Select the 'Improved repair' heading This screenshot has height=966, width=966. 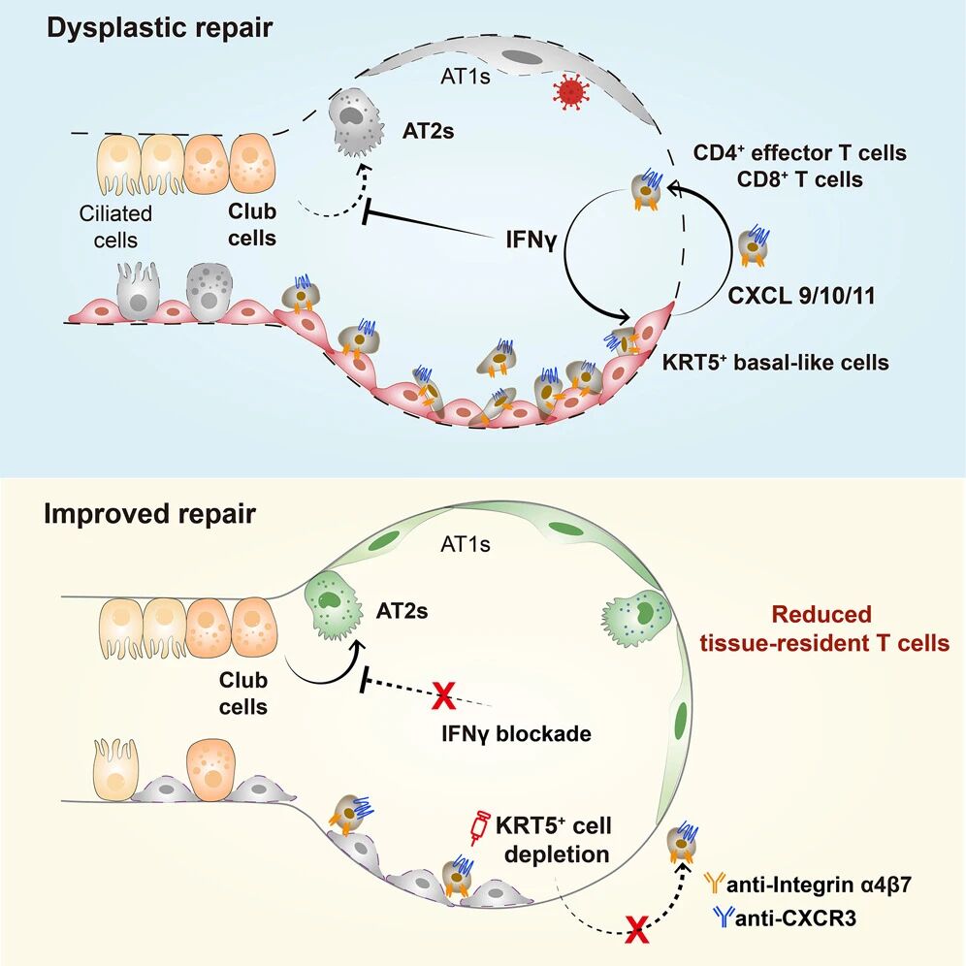149,513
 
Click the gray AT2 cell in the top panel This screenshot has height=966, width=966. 357,122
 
